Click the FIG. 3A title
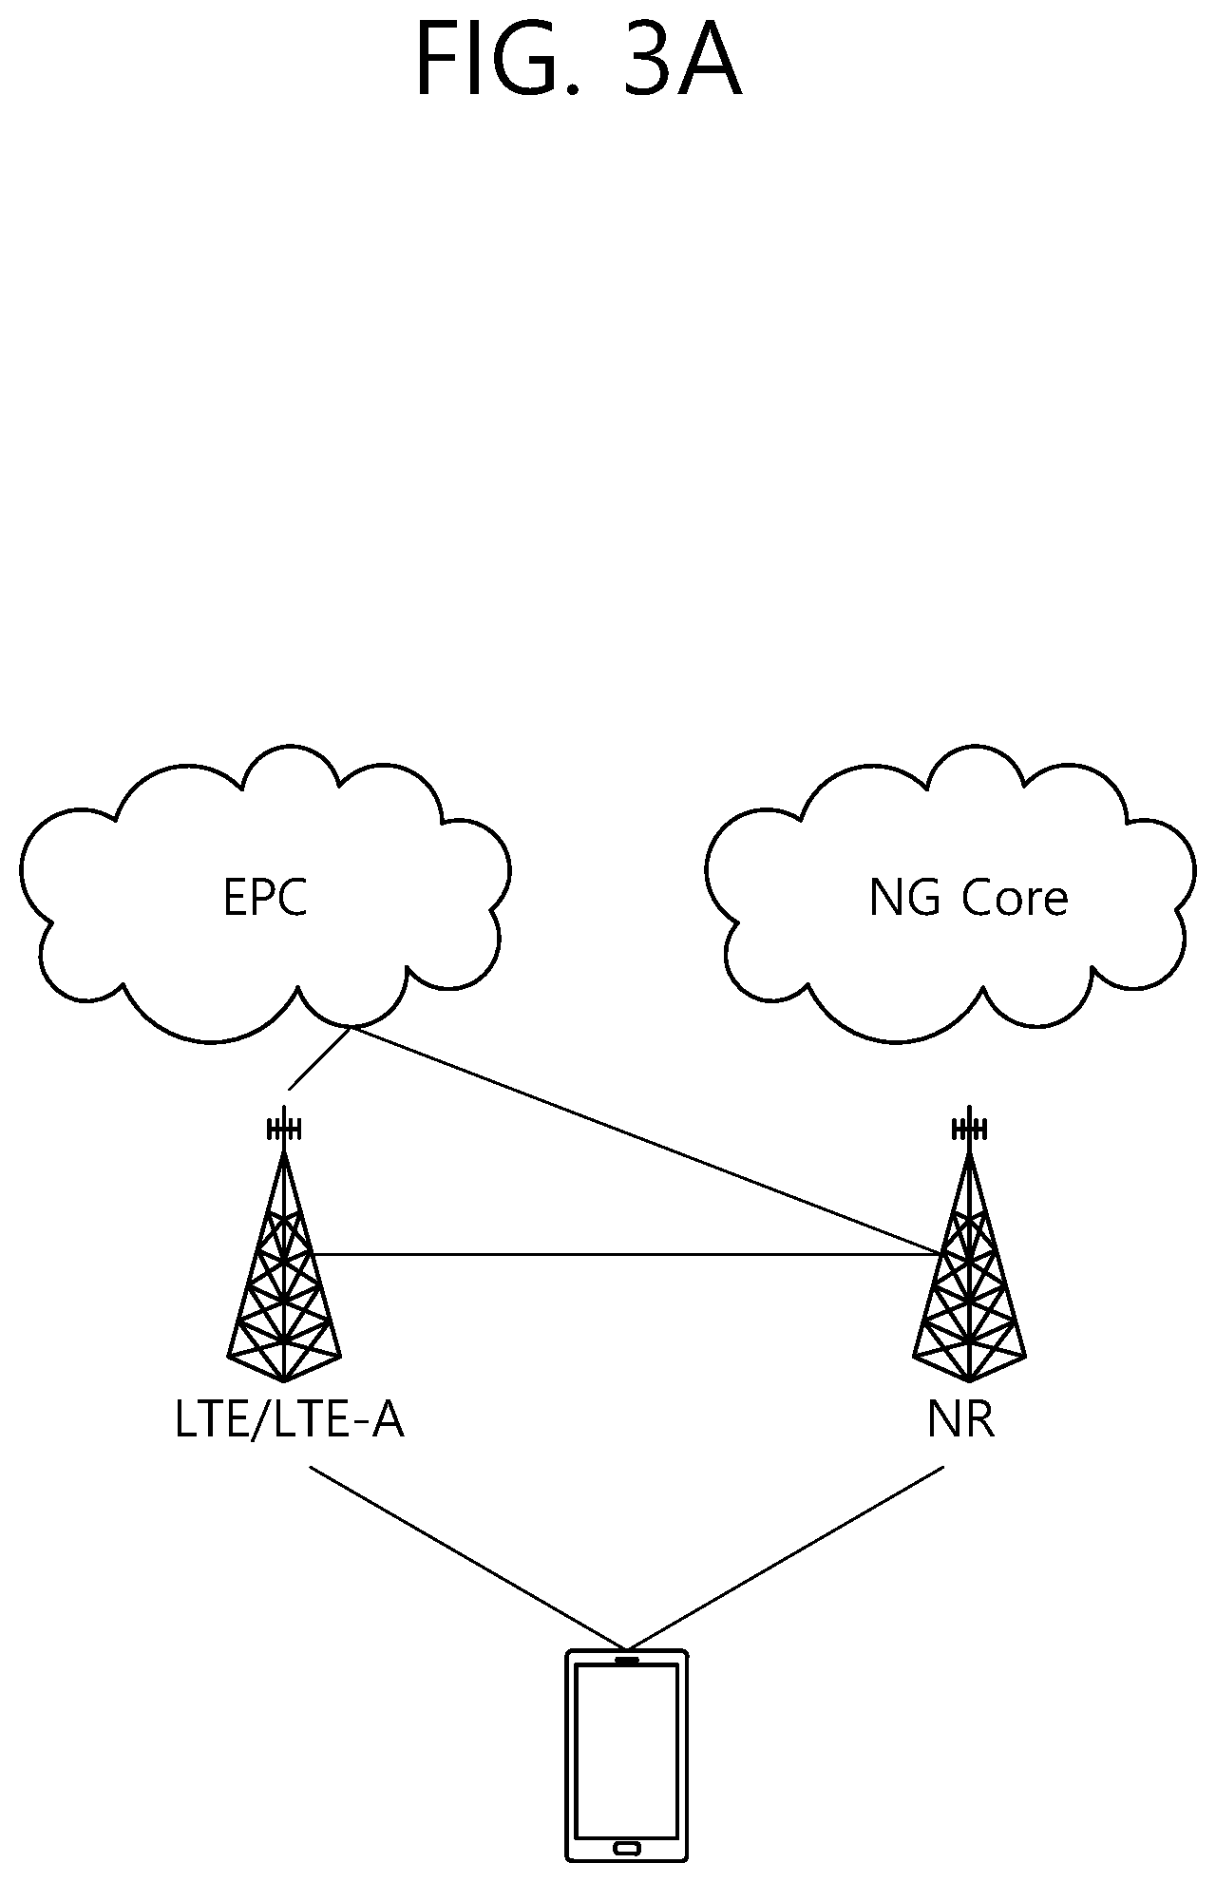(x=578, y=62)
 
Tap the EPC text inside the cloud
(x=265, y=898)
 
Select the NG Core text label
(x=968, y=898)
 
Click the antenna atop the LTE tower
(x=284, y=1128)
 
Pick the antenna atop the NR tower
(x=969, y=1128)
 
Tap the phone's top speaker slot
(x=626, y=1661)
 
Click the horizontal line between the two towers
(x=626, y=1255)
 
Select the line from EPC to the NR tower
(x=646, y=1140)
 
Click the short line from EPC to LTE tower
(x=320, y=1057)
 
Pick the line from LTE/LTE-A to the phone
(x=468, y=1558)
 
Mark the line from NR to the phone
(x=786, y=1558)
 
